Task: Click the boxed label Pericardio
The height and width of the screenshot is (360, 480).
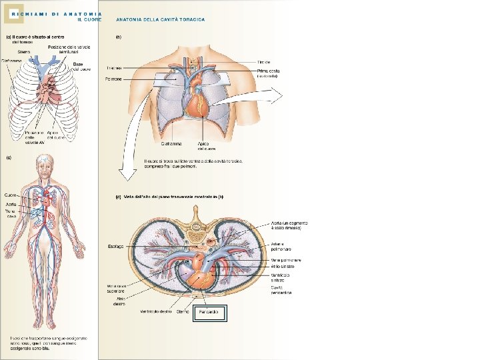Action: coord(210,312)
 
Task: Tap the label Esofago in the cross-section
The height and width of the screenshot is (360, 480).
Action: coord(115,247)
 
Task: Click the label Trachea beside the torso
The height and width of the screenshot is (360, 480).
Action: coord(113,68)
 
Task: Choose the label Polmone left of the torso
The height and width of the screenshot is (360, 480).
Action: coord(113,79)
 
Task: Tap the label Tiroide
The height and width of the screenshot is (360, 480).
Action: coord(263,62)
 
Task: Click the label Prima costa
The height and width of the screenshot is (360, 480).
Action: coord(269,70)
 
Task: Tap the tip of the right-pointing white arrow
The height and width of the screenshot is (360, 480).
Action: coord(282,96)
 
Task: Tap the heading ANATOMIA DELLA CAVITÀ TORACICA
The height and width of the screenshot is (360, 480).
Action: coord(161,19)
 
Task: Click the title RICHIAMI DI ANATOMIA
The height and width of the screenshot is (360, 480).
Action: coord(57,13)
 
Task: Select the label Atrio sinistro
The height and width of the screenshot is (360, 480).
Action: coord(283,266)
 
